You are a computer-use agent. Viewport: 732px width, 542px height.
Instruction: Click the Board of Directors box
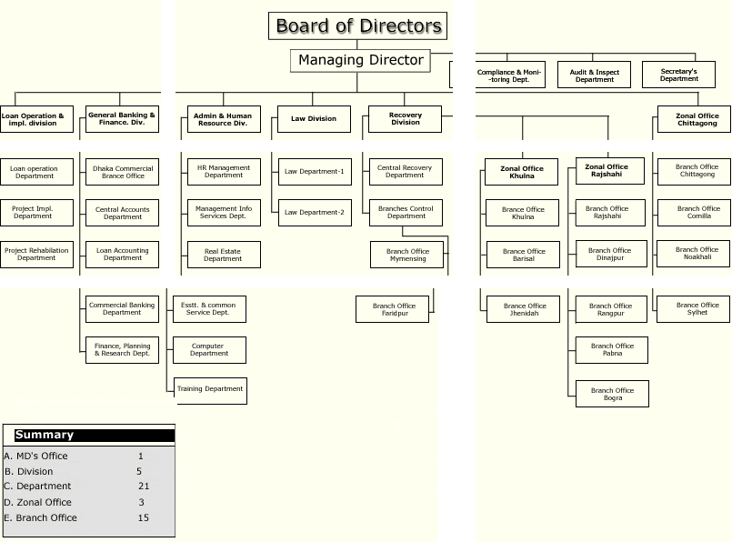click(x=358, y=26)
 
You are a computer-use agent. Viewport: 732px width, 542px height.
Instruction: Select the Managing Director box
click(x=360, y=61)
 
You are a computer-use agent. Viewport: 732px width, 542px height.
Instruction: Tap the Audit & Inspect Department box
click(x=595, y=75)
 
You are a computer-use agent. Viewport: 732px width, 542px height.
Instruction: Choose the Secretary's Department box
click(x=678, y=75)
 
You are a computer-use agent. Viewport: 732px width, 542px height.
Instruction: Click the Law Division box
click(x=314, y=119)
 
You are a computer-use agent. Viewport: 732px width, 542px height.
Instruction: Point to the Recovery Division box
click(x=405, y=119)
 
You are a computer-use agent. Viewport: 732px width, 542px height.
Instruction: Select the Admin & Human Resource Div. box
click(x=223, y=119)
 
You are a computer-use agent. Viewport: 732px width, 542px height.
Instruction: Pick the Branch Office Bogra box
click(x=612, y=394)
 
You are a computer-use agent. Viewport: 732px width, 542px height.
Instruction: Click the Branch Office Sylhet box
click(x=697, y=309)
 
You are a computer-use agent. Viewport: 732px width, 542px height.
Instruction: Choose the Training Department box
click(x=210, y=389)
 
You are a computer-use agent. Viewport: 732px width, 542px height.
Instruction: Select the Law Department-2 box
click(x=314, y=212)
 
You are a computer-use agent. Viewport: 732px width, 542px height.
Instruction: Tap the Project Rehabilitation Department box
click(x=36, y=254)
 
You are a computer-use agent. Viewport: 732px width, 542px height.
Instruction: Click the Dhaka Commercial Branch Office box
click(x=123, y=172)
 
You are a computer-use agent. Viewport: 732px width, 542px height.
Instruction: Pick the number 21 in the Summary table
click(x=144, y=486)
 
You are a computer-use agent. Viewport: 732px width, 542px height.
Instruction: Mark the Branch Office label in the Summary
click(x=46, y=517)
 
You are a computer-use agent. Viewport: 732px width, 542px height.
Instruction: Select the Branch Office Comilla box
click(x=697, y=213)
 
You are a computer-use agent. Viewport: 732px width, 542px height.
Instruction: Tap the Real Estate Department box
click(x=223, y=255)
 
